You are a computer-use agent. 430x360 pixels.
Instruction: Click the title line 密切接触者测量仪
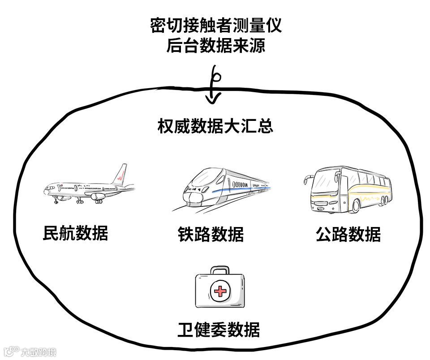[216, 26]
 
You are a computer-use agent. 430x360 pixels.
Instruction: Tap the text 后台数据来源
[216, 46]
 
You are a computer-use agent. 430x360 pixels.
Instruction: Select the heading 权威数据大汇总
[215, 126]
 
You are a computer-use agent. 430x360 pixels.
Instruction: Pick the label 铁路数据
[211, 234]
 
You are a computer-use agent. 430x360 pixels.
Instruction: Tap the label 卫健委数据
[219, 330]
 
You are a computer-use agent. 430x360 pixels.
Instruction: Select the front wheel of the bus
[356, 206]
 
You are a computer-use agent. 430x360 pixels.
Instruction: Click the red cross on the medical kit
[219, 292]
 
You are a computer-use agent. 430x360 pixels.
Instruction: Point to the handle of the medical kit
[219, 270]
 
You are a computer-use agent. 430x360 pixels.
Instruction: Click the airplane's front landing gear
[56, 201]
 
